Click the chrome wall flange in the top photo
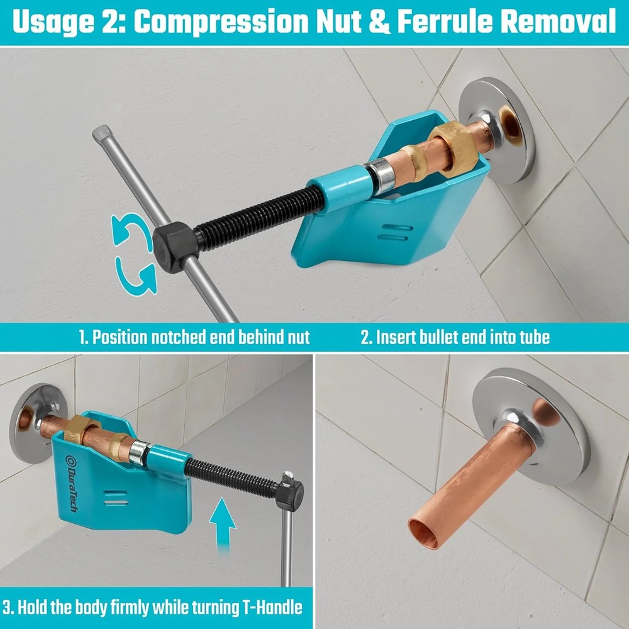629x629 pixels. [x=497, y=129]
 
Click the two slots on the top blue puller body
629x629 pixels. [x=395, y=233]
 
